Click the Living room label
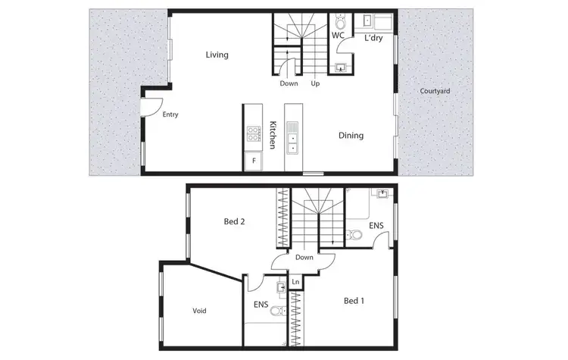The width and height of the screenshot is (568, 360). click(217, 55)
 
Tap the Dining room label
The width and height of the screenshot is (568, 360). click(351, 136)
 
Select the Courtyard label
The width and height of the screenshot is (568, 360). click(435, 91)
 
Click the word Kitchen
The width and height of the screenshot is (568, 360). click(271, 134)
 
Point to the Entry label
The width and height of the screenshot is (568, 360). click(170, 114)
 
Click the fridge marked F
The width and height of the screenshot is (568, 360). click(253, 161)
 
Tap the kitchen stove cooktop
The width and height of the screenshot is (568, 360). click(253, 136)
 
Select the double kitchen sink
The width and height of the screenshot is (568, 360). click(293, 140)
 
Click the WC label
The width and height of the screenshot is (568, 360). click(339, 35)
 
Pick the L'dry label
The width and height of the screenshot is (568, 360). click(373, 38)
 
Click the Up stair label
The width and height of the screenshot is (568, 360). click(315, 83)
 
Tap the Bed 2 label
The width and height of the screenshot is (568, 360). click(233, 222)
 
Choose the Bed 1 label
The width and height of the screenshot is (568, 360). click(354, 301)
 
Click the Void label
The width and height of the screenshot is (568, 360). click(200, 311)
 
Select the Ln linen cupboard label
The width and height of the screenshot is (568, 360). click(295, 283)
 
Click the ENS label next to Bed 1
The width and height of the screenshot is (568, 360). click(376, 226)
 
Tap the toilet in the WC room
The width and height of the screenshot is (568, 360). click(339, 18)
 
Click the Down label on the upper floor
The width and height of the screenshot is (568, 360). click(304, 258)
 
